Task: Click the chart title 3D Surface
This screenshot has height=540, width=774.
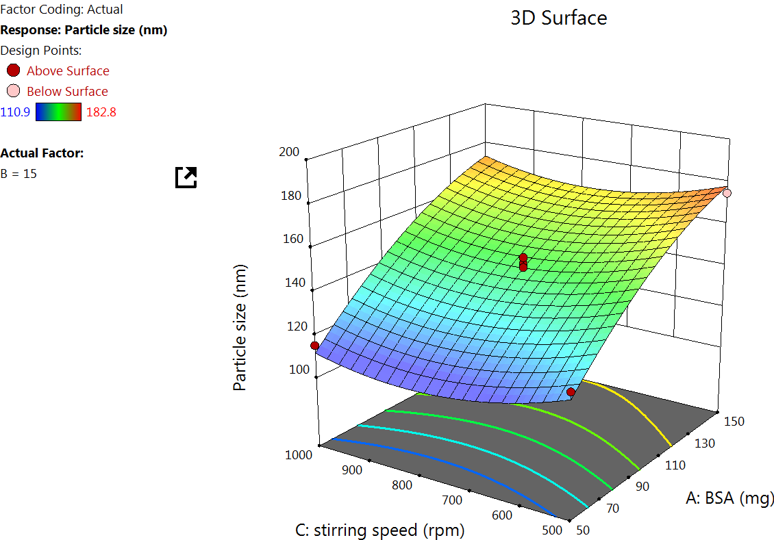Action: (558, 18)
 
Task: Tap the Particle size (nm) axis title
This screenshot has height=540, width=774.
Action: (240, 327)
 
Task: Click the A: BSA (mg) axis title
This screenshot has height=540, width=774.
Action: (730, 498)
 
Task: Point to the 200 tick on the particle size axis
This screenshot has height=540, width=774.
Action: (290, 152)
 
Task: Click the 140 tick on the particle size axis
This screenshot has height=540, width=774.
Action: (299, 283)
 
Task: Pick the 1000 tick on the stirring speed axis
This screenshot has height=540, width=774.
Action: (299, 454)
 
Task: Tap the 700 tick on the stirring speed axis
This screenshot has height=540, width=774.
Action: (451, 500)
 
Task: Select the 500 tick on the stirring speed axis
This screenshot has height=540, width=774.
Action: (552, 530)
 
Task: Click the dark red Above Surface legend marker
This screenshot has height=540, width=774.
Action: (13, 70)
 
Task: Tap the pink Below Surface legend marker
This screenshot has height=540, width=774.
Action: (13, 91)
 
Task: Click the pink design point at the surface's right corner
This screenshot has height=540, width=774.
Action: (727, 194)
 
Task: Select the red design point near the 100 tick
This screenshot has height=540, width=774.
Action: (315, 346)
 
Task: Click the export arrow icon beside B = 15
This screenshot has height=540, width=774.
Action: (186, 177)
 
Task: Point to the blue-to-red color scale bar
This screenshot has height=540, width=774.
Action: (58, 112)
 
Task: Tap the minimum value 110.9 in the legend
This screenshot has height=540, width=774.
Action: (15, 112)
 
